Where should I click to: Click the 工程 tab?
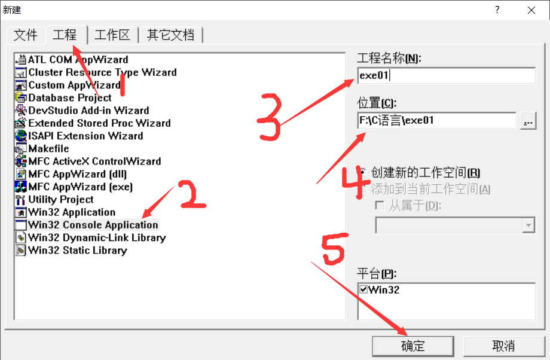[x=65, y=35]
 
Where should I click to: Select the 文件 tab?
[x=26, y=35]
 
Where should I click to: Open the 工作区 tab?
[x=112, y=35]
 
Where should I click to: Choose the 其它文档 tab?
[x=170, y=35]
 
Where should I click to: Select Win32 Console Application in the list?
[x=93, y=225]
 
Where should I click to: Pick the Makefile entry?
[x=48, y=148]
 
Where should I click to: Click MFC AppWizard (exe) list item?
[x=80, y=187]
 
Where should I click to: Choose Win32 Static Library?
[x=77, y=250]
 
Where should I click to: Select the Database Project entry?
[x=69, y=97]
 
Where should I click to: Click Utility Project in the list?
[x=60, y=199]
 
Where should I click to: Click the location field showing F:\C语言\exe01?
[x=436, y=120]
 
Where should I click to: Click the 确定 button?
[x=412, y=346]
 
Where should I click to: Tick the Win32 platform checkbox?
[x=363, y=289]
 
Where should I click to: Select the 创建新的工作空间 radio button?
[x=363, y=173]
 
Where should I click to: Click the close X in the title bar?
[x=531, y=10]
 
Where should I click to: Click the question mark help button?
[x=497, y=10]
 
